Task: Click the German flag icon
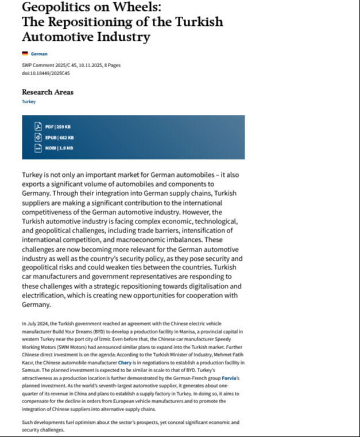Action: pos(25,54)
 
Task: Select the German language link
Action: pos(39,54)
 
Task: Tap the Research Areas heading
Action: pos(48,92)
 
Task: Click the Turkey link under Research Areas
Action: pos(29,102)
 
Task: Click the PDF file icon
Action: pos(38,126)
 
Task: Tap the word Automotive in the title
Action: pos(56,37)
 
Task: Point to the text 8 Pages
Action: pos(111,65)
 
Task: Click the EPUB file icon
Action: pos(38,137)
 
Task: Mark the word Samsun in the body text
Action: pos(32,370)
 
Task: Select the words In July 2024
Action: pos(37,324)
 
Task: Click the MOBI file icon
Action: pos(38,148)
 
